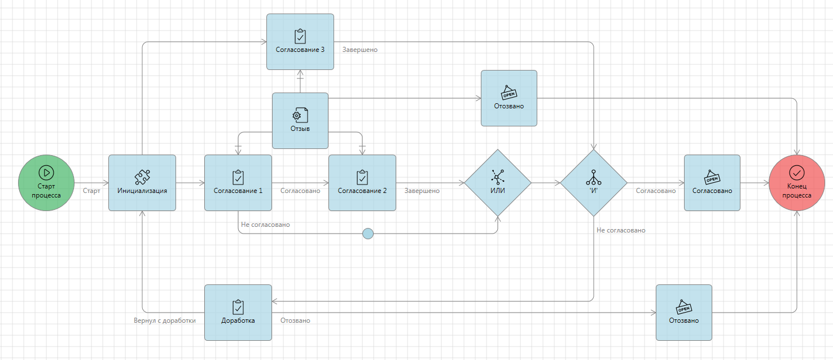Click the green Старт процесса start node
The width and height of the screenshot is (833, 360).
(x=46, y=183)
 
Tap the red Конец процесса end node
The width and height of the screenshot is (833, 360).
(x=797, y=183)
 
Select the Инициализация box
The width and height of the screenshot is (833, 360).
(x=142, y=183)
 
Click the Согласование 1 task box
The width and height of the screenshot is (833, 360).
(x=238, y=183)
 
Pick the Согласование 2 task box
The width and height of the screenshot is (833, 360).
(x=362, y=183)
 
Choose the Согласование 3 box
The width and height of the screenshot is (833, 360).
(x=300, y=42)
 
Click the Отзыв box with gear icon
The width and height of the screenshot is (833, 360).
(x=300, y=121)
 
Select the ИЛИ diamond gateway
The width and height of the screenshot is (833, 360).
(x=498, y=183)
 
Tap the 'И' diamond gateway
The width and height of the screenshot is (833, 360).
(x=594, y=183)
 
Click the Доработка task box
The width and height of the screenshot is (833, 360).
(x=238, y=313)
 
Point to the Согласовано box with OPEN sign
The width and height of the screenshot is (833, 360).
(x=712, y=183)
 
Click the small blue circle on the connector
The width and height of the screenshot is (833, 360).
(x=368, y=233)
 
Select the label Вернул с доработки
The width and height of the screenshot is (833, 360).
(x=165, y=321)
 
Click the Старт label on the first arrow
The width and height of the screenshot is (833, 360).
(x=91, y=191)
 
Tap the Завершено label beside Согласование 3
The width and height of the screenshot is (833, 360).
(x=360, y=50)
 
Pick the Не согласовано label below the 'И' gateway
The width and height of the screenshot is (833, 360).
(x=621, y=230)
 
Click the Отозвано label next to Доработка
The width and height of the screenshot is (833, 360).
(x=295, y=321)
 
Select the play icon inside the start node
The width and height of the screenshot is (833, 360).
(x=46, y=172)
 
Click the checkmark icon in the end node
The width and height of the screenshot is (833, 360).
(x=797, y=172)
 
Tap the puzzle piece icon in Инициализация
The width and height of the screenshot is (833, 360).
(x=142, y=177)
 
